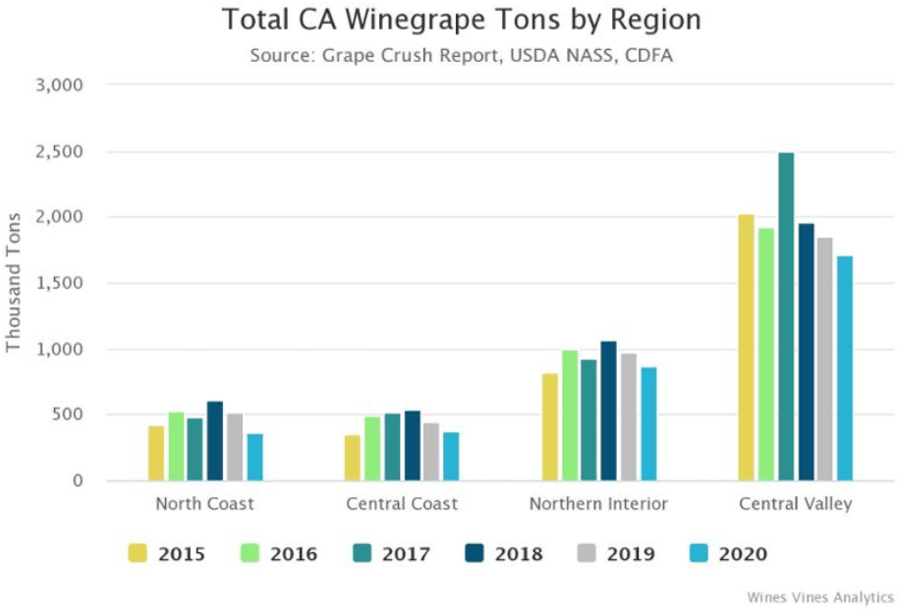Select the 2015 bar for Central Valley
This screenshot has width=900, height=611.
[747, 348]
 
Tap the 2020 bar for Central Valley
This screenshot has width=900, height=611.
[845, 368]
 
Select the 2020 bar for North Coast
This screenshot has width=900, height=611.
[254, 457]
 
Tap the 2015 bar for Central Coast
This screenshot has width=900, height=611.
[352, 458]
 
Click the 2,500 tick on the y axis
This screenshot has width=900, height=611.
[61, 151]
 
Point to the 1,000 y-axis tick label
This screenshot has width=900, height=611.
[61, 349]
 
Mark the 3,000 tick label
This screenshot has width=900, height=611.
[61, 85]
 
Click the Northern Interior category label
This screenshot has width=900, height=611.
[598, 504]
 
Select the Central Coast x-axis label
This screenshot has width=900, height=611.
[402, 504]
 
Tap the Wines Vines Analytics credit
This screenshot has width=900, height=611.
[819, 596]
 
